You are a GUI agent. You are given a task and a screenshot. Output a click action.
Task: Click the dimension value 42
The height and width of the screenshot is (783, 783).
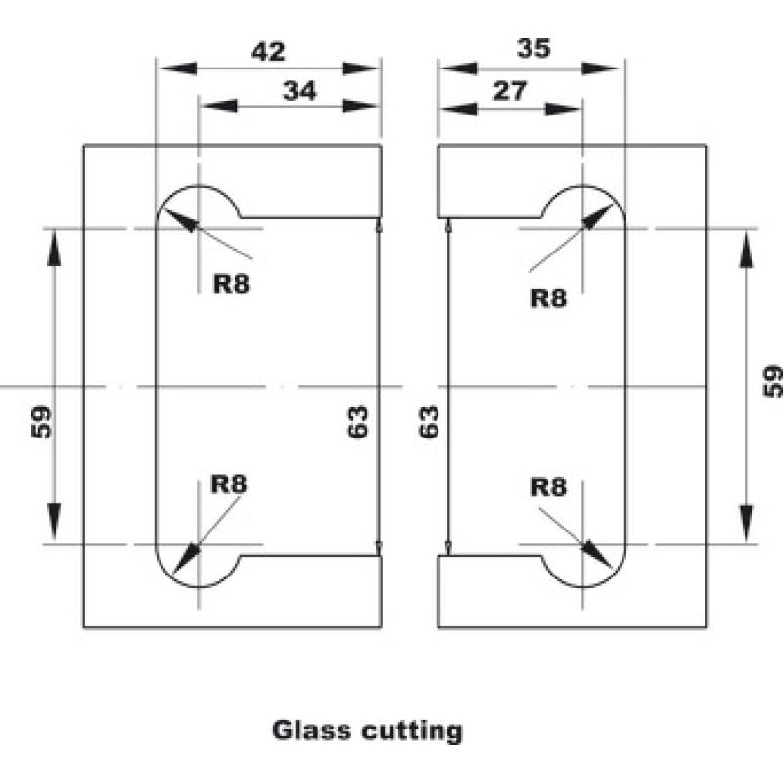268,52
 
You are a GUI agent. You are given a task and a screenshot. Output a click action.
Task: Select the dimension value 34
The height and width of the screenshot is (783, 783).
299,91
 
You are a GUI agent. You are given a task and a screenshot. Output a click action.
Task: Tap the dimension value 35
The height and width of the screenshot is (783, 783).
533,48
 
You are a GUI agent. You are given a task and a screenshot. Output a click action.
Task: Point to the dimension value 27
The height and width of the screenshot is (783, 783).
510,91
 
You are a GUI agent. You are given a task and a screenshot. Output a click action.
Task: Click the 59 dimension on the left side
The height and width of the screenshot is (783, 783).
41,423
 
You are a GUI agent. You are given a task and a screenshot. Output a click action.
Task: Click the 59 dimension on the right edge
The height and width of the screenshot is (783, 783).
773,382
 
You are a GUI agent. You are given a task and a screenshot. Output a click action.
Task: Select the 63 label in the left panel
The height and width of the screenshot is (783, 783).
357,423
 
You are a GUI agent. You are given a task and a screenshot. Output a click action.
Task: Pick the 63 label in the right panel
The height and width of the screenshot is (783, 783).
429,423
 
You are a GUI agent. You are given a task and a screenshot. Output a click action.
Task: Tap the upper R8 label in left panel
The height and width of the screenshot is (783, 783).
231,284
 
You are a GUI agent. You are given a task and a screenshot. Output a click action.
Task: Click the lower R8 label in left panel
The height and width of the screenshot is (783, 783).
229,484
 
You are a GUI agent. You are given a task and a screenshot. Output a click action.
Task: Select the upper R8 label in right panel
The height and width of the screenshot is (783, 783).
549,299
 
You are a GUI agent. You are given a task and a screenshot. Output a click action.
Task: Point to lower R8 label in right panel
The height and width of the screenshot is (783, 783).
549,486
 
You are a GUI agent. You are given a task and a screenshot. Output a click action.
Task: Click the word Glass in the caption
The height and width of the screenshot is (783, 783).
312,730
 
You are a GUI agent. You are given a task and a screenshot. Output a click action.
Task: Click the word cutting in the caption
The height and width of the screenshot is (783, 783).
412,732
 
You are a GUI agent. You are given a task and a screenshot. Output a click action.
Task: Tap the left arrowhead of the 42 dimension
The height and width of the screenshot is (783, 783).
177,69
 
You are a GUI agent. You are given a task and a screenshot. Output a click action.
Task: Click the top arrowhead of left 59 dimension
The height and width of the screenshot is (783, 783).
54,249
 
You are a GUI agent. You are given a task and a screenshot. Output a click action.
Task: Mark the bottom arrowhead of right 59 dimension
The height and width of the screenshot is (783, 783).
746,524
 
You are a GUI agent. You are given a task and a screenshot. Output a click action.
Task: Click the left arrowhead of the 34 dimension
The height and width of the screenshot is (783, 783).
218,106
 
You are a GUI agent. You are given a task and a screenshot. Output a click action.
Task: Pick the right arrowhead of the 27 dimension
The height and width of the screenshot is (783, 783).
564,109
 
